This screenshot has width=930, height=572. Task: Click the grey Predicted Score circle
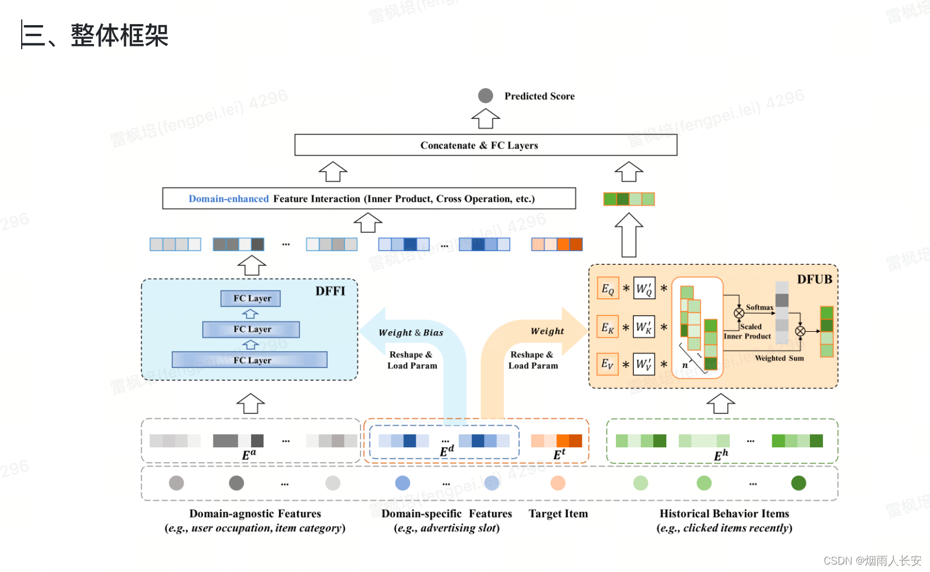pyautogui.click(x=486, y=96)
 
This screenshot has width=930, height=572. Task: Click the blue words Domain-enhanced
pyautogui.click(x=228, y=199)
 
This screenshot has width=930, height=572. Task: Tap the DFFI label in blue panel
pyautogui.click(x=330, y=291)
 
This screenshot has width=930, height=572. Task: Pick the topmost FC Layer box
pyautogui.click(x=251, y=298)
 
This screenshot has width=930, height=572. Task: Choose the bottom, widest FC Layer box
pyautogui.click(x=249, y=360)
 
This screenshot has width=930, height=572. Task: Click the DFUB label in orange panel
pyautogui.click(x=814, y=279)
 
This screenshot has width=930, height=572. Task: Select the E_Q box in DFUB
pyautogui.click(x=607, y=289)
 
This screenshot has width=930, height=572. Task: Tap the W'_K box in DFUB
pyautogui.click(x=644, y=328)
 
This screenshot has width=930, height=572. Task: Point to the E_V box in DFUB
pyautogui.click(x=607, y=364)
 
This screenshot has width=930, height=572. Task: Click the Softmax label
pyautogui.click(x=759, y=308)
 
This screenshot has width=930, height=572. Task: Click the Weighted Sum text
pyautogui.click(x=779, y=358)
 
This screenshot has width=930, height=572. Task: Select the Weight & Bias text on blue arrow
pyautogui.click(x=411, y=332)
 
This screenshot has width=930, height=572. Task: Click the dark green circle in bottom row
pyautogui.click(x=798, y=483)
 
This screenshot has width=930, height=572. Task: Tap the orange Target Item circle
pyautogui.click(x=558, y=483)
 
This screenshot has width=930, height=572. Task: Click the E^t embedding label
pyautogui.click(x=559, y=454)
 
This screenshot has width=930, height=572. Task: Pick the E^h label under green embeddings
pyautogui.click(x=721, y=455)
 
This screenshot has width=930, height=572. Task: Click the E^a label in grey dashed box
pyautogui.click(x=249, y=455)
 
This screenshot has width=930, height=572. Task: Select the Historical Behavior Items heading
pyautogui.click(x=724, y=514)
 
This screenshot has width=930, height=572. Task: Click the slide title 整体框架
pyautogui.click(x=119, y=35)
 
